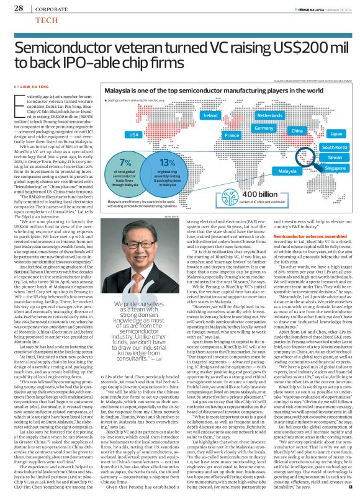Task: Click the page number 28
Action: [19, 8]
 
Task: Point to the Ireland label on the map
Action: [211, 116]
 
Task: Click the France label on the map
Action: [232, 135]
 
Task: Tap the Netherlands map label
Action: [269, 116]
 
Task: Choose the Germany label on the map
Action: [264, 128]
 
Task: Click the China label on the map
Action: [297, 131]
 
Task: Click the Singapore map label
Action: [335, 168]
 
